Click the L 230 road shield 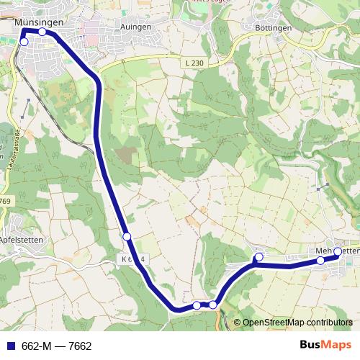pyautogui.click(x=193, y=63)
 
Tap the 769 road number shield pyautogui.click(x=6, y=201)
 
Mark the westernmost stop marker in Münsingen pyautogui.click(x=24, y=42)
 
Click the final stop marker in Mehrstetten pyautogui.click(x=338, y=251)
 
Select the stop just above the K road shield pyautogui.click(x=127, y=237)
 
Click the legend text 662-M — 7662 pyautogui.click(x=57, y=346)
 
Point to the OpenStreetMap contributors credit pyautogui.click(x=297, y=323)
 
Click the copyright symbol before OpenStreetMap pyautogui.click(x=237, y=323)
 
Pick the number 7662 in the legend pyautogui.click(x=80, y=346)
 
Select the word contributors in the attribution pyautogui.click(x=328, y=323)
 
